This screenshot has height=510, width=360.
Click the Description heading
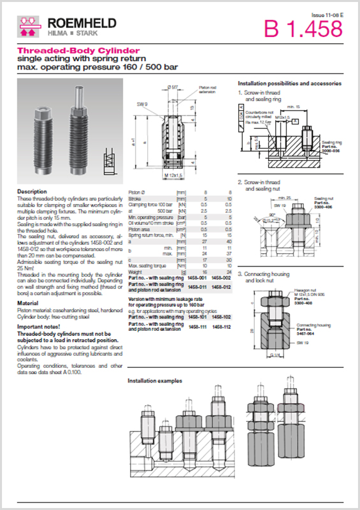32,191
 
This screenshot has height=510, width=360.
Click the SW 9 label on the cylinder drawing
142,104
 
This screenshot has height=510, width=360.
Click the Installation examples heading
155,381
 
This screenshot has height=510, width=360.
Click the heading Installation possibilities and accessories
289,84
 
